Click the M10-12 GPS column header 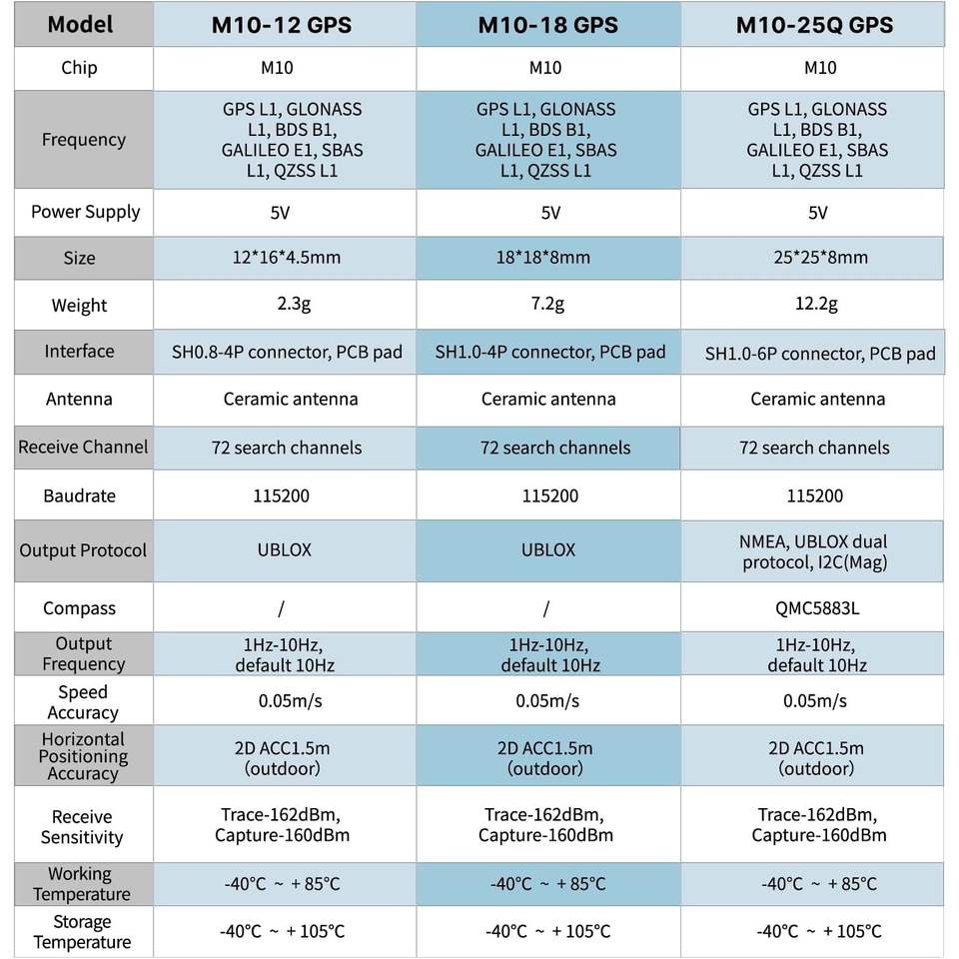click(x=282, y=25)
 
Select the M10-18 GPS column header click(x=547, y=25)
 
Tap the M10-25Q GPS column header click(x=813, y=25)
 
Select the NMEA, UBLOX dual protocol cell click(x=815, y=551)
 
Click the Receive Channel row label click(x=83, y=448)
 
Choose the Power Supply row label click(x=85, y=212)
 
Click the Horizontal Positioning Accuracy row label click(x=83, y=756)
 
